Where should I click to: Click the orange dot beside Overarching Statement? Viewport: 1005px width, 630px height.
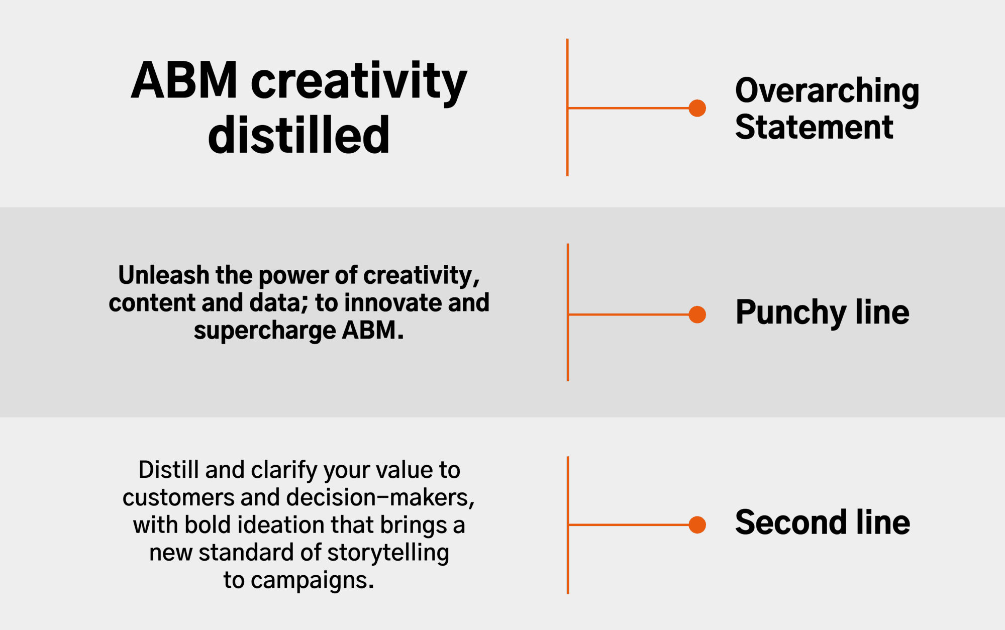tap(697, 108)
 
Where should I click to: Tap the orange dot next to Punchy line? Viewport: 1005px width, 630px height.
tap(697, 314)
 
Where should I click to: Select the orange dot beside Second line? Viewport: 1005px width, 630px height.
tap(697, 524)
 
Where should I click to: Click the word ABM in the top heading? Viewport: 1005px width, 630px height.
tap(184, 80)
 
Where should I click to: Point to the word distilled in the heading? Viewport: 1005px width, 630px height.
tap(299, 134)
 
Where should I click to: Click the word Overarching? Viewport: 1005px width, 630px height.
tap(827, 91)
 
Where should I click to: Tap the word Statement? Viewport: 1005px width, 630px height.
tap(814, 127)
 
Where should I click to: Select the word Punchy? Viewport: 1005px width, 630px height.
tap(791, 313)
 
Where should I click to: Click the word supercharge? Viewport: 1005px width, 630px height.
tap(265, 331)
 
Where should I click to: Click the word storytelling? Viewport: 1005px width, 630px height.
tap(388, 553)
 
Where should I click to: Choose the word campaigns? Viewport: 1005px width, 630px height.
tap(313, 581)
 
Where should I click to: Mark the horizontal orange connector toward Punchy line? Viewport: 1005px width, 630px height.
tap(628, 314)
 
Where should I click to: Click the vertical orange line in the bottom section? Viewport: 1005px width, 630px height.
tap(568, 525)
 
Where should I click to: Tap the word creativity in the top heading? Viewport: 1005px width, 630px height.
tap(359, 82)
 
